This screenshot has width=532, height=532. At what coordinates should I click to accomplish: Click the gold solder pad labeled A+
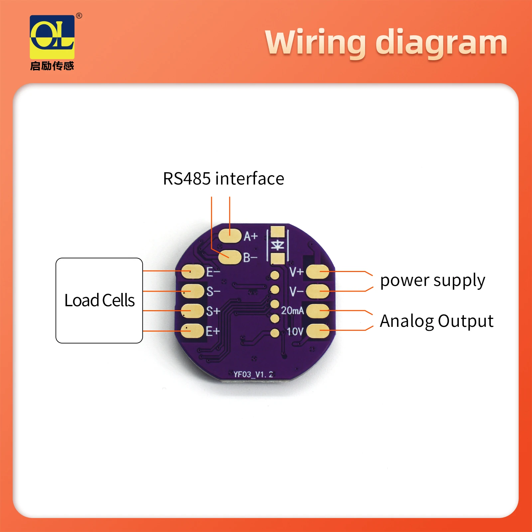[x=229, y=236]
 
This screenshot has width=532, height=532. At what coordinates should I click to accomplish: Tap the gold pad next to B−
[x=229, y=257]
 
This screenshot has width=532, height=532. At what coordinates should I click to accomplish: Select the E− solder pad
[x=193, y=272]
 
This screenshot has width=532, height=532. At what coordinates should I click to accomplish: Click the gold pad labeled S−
[x=193, y=291]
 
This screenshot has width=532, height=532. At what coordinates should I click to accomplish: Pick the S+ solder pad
[x=193, y=311]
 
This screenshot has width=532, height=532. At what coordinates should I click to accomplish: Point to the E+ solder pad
[x=193, y=331]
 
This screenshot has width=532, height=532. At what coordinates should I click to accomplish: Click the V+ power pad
[x=318, y=272]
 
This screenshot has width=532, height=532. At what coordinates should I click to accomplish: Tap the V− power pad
[x=318, y=292]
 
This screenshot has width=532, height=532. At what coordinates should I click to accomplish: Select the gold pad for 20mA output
[x=318, y=311]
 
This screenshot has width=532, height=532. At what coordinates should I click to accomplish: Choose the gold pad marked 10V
[x=318, y=331]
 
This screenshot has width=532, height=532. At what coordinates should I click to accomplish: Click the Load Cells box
[x=99, y=300]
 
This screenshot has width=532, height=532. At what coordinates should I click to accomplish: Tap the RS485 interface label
[x=223, y=179]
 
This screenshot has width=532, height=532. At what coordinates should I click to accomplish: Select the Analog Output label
[x=436, y=321]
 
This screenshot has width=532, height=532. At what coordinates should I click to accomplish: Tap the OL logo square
[x=52, y=37]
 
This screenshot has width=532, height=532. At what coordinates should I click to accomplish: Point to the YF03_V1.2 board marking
[x=253, y=374]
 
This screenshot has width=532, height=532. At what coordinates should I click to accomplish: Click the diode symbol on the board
[x=277, y=245]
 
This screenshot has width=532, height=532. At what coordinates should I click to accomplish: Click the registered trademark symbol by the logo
[x=79, y=16]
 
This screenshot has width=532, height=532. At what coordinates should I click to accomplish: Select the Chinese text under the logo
[x=52, y=66]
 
